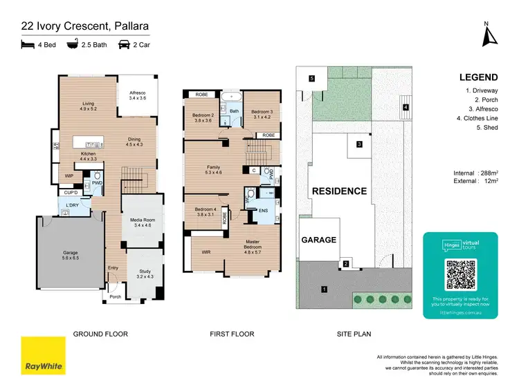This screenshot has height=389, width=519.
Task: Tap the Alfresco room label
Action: (x=139, y=95)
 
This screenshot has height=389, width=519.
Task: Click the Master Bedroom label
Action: (x=253, y=244)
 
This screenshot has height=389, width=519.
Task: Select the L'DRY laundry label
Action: (x=71, y=207)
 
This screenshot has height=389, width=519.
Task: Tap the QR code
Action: (x=460, y=275)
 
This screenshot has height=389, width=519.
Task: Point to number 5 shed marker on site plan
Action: (x=312, y=79)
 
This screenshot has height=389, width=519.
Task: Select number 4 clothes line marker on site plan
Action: (x=406, y=107)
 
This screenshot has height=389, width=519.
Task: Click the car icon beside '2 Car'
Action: (x=125, y=45)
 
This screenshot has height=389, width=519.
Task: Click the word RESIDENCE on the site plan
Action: (x=338, y=191)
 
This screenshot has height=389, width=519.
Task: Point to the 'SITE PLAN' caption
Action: (x=354, y=334)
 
